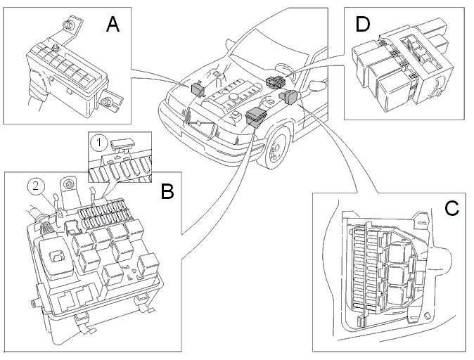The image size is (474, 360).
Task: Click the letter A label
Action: [113, 24]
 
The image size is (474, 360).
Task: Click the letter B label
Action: [167, 191]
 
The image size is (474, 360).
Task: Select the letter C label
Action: [451, 208]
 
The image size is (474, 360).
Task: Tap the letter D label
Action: [363, 24]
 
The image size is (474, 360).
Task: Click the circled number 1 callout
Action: [99, 142]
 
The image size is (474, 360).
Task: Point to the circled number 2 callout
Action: [36, 186]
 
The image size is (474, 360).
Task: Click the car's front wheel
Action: [276, 148]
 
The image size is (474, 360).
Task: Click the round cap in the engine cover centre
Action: [233, 97]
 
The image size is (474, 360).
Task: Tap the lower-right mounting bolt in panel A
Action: [105, 103]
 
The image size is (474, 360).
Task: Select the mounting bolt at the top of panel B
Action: [68, 184]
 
